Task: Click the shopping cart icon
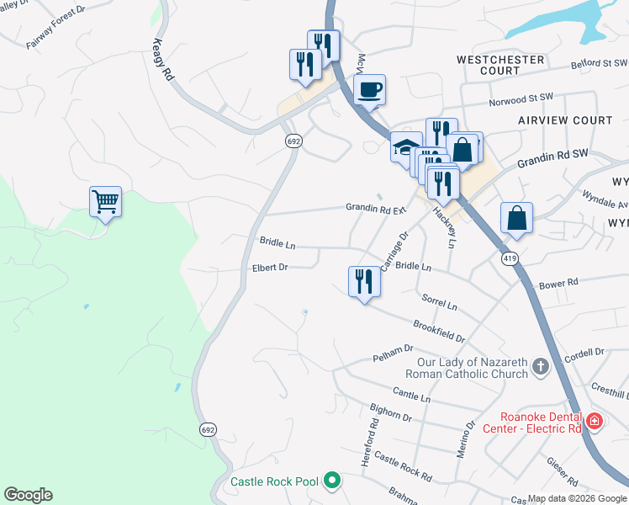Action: [x=105, y=202]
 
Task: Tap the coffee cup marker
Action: [x=371, y=89]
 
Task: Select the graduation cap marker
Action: [x=406, y=148]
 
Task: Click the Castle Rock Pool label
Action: [x=275, y=482]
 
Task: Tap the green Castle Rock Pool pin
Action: [x=332, y=481]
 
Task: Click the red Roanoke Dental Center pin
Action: [x=595, y=420]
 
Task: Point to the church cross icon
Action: [x=540, y=367]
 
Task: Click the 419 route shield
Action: [x=510, y=258]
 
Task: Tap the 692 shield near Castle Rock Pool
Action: [x=208, y=429]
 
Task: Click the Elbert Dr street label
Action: [x=270, y=268]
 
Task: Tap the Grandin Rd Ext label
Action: [x=376, y=208]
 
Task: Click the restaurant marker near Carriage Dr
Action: [x=364, y=282]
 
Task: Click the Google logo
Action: [x=28, y=495]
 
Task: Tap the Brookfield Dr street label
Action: [x=439, y=330]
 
